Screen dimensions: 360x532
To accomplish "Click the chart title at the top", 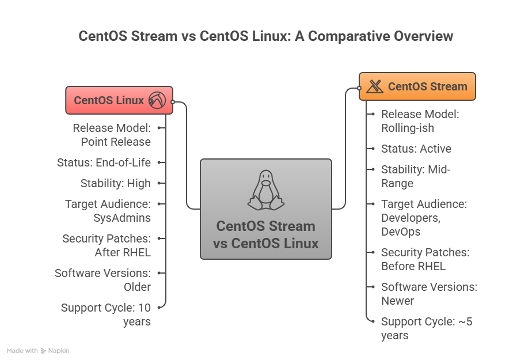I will click(265, 36).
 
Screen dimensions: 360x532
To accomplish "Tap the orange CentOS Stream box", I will click(417, 86).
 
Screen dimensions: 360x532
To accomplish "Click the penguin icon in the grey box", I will click(265, 190).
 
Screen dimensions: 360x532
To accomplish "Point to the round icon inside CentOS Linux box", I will click(157, 100).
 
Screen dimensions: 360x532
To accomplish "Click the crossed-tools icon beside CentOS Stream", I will click(375, 86).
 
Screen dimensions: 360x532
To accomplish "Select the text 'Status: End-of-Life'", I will click(104, 162).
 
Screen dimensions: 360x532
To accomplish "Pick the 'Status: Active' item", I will click(416, 149).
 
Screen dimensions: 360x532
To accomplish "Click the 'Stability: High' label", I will click(115, 183).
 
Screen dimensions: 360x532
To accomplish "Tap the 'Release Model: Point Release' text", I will click(112, 135).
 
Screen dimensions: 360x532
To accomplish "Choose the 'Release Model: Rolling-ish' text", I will click(420, 121).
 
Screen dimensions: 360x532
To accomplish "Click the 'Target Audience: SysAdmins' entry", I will click(108, 211).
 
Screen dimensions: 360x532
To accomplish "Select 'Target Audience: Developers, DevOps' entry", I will click(424, 218).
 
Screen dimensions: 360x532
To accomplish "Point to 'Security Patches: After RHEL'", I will click(107, 245).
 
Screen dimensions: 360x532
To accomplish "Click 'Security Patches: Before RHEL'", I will click(425, 259).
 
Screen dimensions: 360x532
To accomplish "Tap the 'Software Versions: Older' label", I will click(102, 280).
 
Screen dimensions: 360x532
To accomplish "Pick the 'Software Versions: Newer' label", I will click(429, 294).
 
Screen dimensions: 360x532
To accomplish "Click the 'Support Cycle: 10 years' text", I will click(106, 314).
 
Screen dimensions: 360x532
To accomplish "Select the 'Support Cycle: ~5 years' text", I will click(427, 328).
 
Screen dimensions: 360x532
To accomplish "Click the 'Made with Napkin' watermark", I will click(38, 351).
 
